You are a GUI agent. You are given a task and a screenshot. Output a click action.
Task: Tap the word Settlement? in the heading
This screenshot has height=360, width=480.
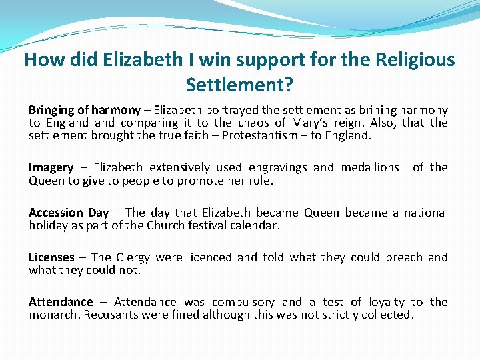240,85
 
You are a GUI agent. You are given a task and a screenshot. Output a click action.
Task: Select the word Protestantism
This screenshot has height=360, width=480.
261,135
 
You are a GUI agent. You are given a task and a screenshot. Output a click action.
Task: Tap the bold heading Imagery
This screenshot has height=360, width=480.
51,168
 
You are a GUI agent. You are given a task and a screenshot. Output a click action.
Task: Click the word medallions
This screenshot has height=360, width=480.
370,167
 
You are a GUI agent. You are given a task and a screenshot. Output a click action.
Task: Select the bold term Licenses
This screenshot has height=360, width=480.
51,257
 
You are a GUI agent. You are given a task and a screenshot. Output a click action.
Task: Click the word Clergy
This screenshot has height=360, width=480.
133,257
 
